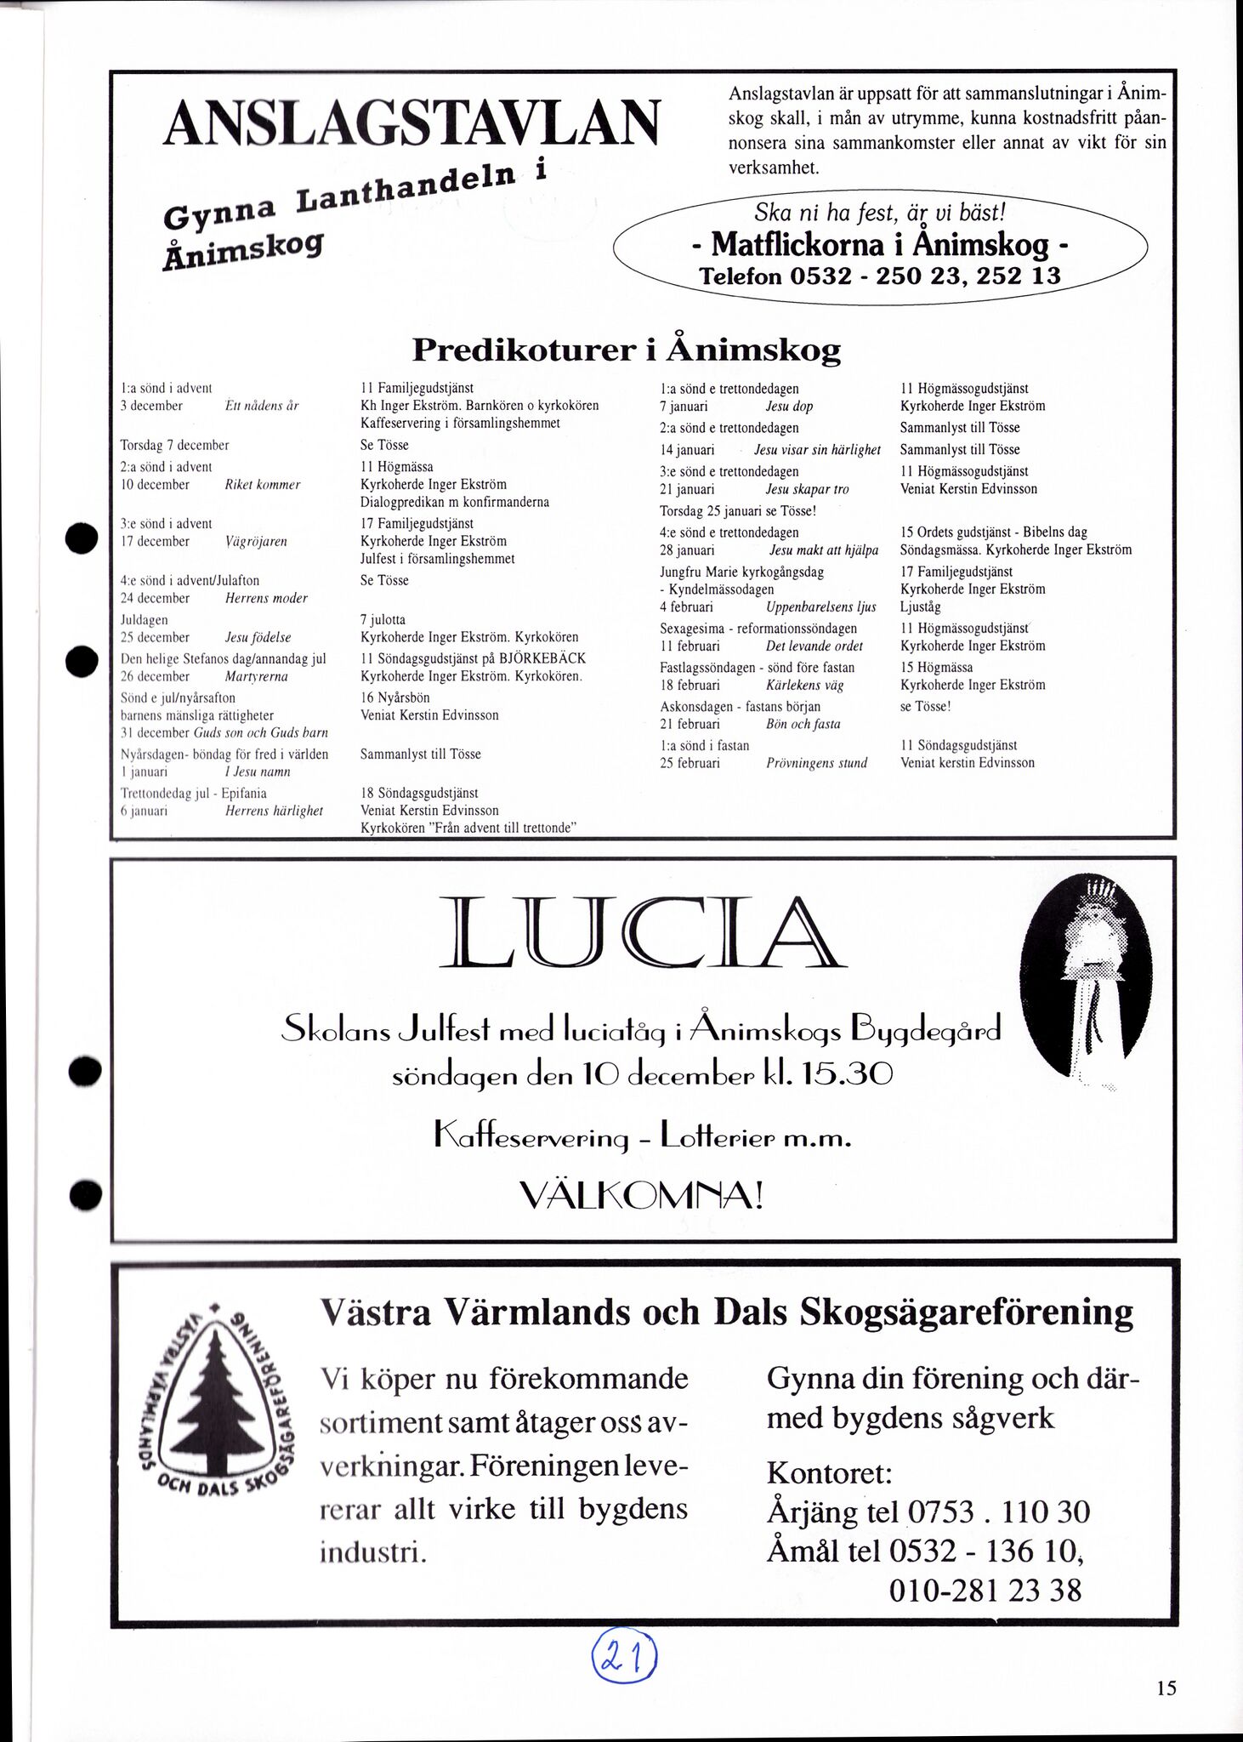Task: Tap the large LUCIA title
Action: coord(642,932)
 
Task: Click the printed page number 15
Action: coord(1166,1688)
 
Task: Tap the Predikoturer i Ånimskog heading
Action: coord(626,350)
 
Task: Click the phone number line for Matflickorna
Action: coord(879,276)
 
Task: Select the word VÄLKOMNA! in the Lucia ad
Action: coord(641,1198)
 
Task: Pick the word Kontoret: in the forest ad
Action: coord(829,1472)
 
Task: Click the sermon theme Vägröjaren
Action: coord(256,541)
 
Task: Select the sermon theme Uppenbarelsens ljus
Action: coord(820,607)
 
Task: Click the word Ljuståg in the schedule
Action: coord(921,607)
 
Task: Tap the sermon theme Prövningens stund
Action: coord(816,763)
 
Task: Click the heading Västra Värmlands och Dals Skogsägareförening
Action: coord(726,1312)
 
